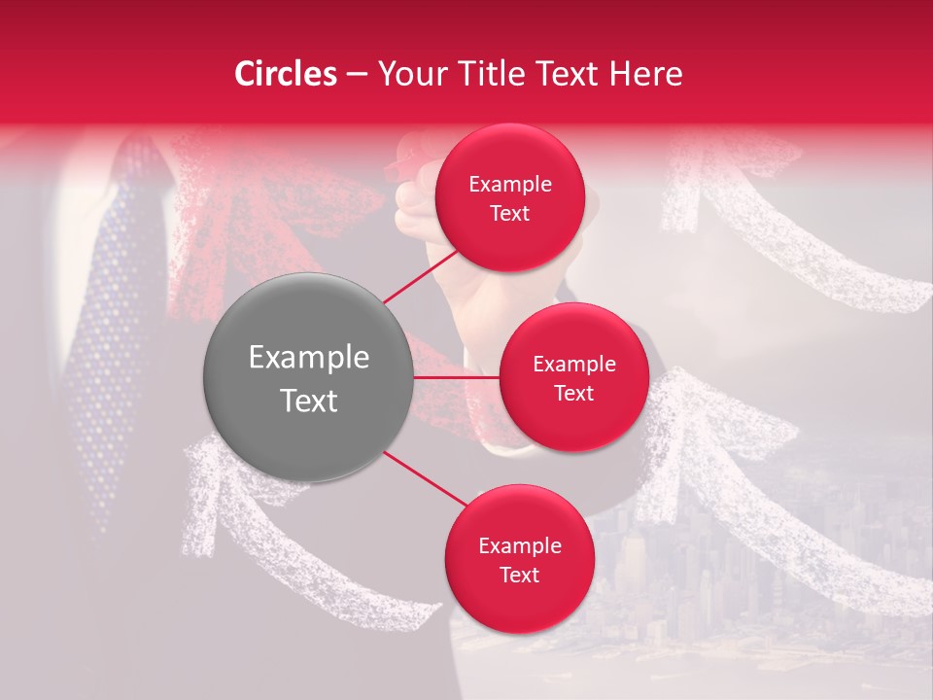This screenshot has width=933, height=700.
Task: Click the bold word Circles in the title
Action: click(x=286, y=74)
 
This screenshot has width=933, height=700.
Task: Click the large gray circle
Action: click(x=308, y=378)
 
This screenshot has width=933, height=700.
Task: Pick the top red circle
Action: click(x=509, y=197)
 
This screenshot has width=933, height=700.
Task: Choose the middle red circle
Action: click(x=573, y=377)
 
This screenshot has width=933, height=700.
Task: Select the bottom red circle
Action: click(x=519, y=559)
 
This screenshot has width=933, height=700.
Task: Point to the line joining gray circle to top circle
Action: click(x=423, y=274)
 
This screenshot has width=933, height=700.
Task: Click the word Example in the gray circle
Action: click(x=308, y=358)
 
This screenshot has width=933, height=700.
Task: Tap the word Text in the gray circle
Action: click(x=308, y=401)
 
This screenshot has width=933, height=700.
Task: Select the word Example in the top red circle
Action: click(x=509, y=184)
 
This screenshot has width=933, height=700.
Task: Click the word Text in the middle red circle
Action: click(x=573, y=393)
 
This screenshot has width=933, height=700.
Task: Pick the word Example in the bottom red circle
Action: click(x=519, y=545)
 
